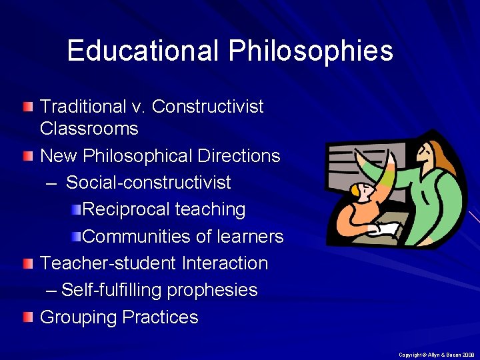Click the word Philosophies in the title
pyautogui.click(x=311, y=51)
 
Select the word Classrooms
pyautogui.click(x=89, y=128)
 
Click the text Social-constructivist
pyautogui.click(x=149, y=183)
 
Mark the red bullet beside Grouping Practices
pyautogui.click(x=27, y=317)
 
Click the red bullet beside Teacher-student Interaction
pyautogui.click(x=27, y=263)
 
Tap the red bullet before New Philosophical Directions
pyautogui.click(x=27, y=155)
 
